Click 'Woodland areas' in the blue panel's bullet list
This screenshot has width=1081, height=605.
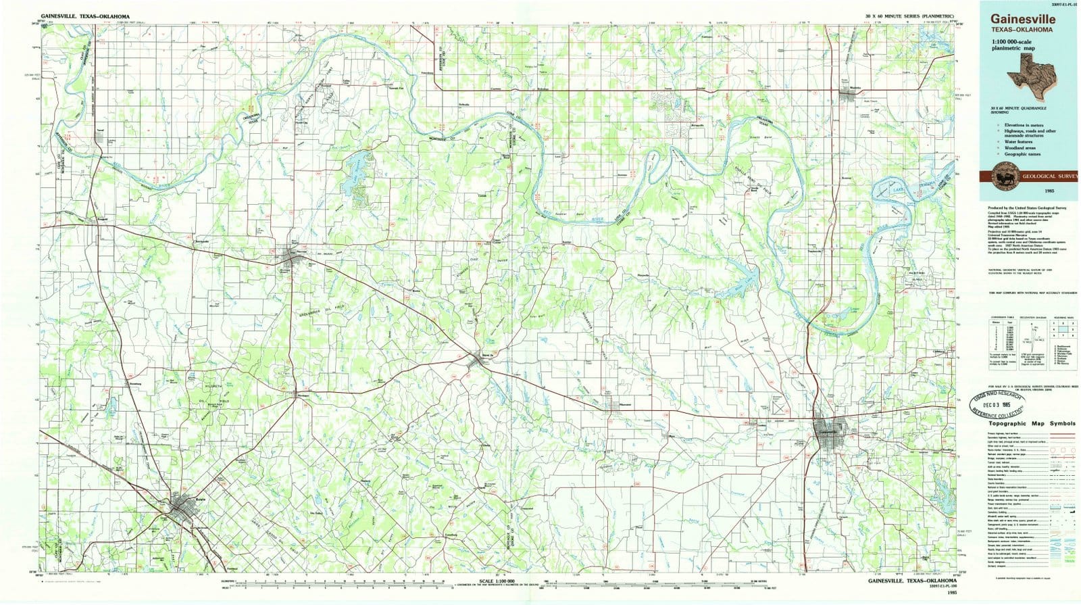1020,147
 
